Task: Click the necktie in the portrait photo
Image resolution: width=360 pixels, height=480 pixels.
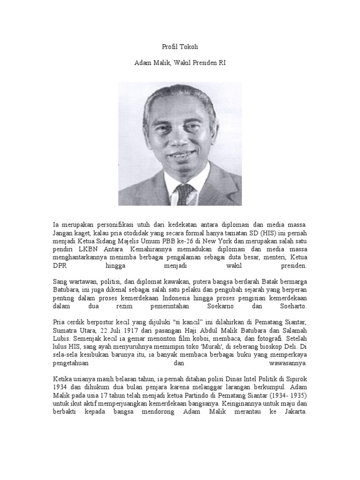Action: (184, 194)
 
